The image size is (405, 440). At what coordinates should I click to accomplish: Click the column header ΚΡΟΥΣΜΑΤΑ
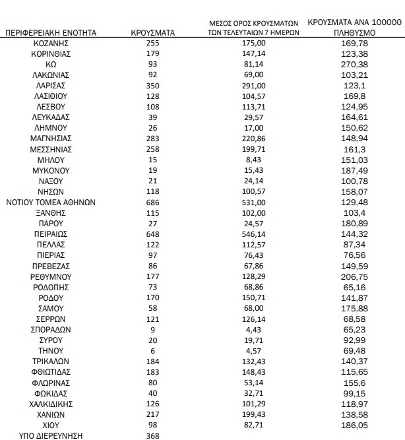[x=152, y=32]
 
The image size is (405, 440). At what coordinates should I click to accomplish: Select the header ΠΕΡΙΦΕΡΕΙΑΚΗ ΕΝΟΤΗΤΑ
[x=51, y=32]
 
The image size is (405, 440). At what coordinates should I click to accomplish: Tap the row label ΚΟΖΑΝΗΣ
[x=51, y=42]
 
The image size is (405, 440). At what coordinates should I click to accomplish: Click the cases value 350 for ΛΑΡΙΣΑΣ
[x=152, y=85]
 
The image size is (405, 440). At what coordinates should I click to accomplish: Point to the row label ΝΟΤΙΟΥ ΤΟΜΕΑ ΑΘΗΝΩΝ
[x=51, y=202]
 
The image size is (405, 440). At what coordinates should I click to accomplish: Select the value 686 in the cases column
[x=152, y=202]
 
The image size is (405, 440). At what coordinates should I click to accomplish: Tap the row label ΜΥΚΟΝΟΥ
[x=51, y=170]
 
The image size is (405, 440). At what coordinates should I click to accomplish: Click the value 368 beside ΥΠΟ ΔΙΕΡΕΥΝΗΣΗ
[x=152, y=435]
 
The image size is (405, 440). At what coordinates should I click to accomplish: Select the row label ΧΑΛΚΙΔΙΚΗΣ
[x=51, y=404]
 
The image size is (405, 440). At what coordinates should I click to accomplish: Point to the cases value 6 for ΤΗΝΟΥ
[x=152, y=351]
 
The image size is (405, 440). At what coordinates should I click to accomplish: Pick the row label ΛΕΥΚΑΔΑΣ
[x=51, y=117]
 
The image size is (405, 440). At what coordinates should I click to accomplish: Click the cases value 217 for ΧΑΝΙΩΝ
[x=152, y=414]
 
